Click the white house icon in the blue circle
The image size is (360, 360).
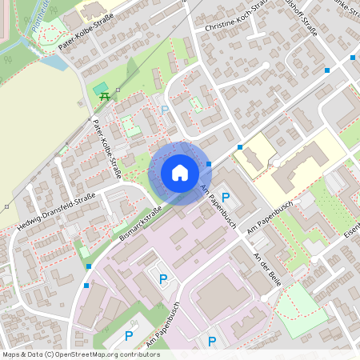coord(179,173)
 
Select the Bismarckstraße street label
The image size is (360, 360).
coord(140,223)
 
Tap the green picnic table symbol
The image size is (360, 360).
coord(104,97)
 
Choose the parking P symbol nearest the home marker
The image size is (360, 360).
coord(225,197)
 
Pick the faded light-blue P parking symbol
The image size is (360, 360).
coord(165,110)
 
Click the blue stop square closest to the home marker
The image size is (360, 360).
coord(209,164)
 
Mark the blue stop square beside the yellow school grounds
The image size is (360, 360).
coord(240,147)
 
